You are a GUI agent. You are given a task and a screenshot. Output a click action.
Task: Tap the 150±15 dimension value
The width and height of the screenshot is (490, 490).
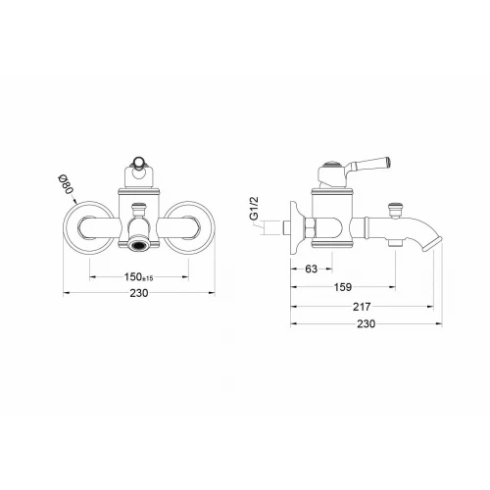click(138, 277)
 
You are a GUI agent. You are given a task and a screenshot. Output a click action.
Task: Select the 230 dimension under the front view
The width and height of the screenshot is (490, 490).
click(139, 293)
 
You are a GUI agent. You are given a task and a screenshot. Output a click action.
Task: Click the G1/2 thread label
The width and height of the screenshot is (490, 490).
click(254, 208)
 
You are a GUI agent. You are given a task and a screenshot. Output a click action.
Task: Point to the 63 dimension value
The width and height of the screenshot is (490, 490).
click(311, 269)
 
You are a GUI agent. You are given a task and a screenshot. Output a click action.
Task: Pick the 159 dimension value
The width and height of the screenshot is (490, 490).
click(343, 287)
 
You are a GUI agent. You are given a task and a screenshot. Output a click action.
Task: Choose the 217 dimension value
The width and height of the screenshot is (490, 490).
click(362, 307)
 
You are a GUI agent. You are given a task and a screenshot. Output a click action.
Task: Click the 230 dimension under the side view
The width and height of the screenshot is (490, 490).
click(366, 323)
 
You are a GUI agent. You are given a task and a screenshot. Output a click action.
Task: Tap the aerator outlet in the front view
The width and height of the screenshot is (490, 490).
click(138, 245)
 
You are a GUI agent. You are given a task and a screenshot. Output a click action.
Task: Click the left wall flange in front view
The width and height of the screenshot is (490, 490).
click(89, 227)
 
